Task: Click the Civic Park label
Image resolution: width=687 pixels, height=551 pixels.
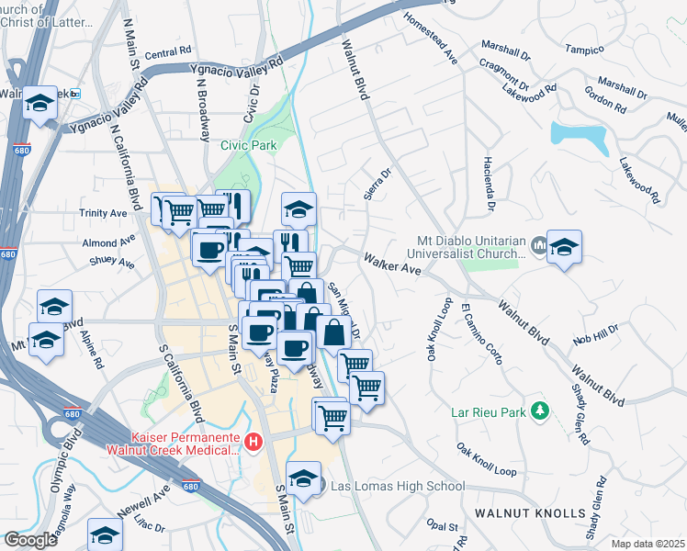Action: (x=248, y=144)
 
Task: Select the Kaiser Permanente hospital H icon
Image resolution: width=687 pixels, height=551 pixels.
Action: (x=253, y=444)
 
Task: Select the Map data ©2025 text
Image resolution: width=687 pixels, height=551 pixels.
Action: (x=648, y=544)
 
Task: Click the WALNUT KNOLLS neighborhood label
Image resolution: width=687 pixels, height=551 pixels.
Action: (x=530, y=512)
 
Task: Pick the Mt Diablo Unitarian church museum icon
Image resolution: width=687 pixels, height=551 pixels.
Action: (x=537, y=246)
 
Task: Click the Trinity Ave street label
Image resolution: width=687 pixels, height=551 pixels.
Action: (x=104, y=213)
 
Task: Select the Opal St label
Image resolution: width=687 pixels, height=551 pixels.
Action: (x=442, y=526)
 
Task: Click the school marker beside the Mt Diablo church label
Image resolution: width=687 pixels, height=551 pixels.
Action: (x=565, y=246)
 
